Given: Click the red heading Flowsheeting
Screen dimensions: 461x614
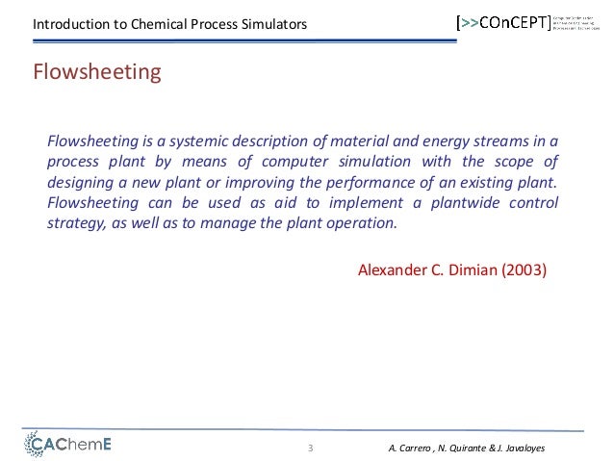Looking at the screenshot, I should coord(96,72).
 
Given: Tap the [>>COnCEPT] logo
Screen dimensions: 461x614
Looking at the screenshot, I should coord(502,24).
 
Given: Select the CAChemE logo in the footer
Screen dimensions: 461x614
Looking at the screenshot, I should coord(68,445).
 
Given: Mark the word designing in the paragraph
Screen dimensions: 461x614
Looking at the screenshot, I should coord(82,183).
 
